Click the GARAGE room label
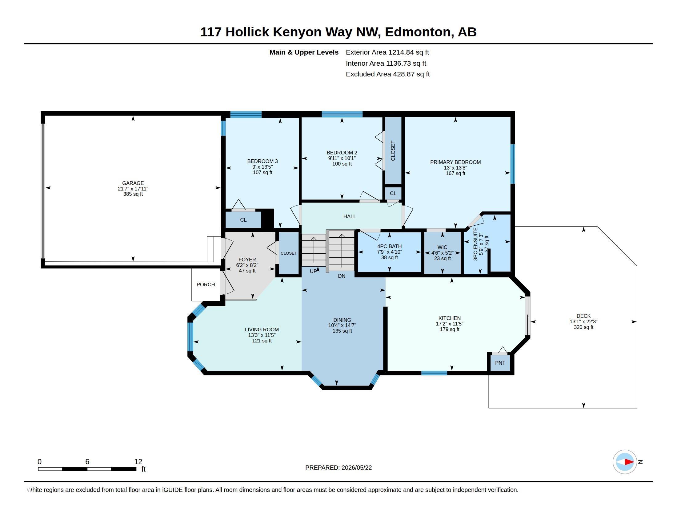pos(133,183)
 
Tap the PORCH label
pos(206,285)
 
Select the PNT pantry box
pos(500,362)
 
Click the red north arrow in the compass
pos(629,462)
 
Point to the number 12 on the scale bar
pos(138,462)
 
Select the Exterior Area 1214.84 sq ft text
pos(387,52)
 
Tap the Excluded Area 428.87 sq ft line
pos(388,74)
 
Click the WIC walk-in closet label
pos(442,247)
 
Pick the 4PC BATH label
pos(389,246)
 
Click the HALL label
pos(350,216)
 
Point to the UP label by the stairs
pos(313,271)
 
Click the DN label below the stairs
pos(342,276)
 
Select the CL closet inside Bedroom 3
pos(243,220)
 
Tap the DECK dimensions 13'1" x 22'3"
pos(583,321)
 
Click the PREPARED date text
pos(338,468)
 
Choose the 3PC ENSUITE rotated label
pos(475,244)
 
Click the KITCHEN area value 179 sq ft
pos(450,329)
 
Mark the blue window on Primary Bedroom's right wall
pos(513,164)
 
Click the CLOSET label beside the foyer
pos(289,253)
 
